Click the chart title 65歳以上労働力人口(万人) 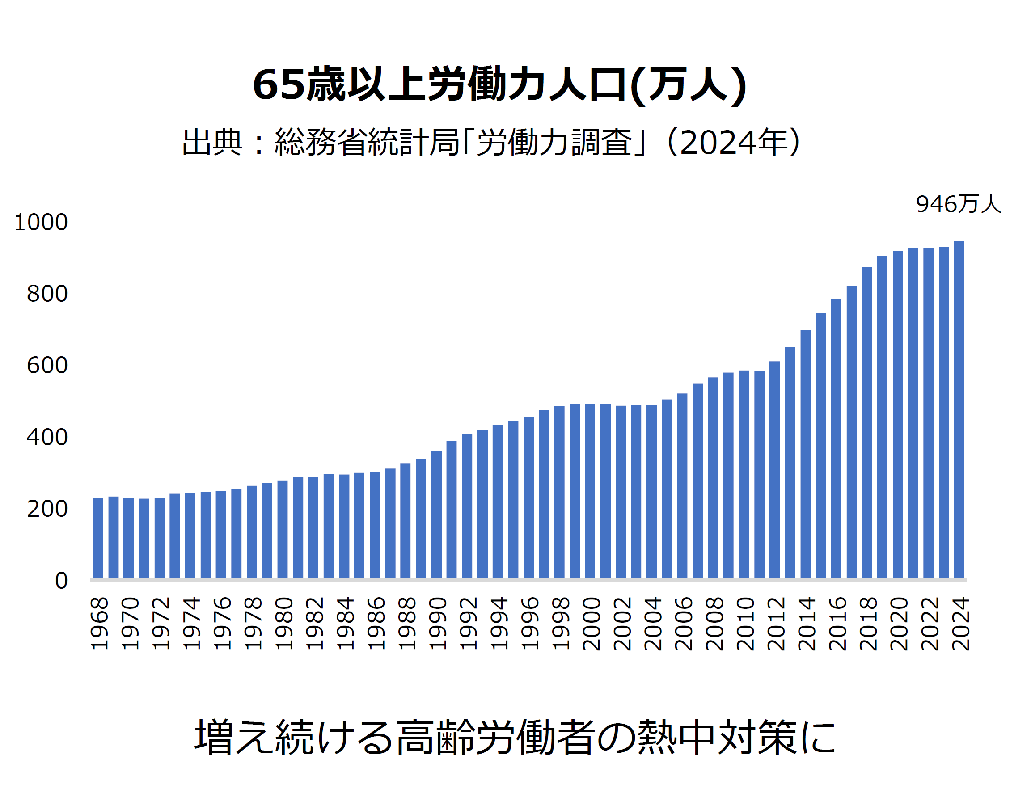[x=500, y=85]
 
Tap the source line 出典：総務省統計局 [x=491, y=142]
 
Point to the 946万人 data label [x=958, y=204]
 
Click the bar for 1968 [x=98, y=538]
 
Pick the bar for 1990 [x=436, y=515]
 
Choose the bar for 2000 [x=590, y=491]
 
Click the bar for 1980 [x=282, y=529]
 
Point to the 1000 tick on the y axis [x=42, y=222]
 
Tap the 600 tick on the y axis [x=47, y=366]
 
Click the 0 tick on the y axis [x=61, y=581]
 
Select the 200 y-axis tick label [x=47, y=509]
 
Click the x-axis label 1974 [x=191, y=624]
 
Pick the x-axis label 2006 [x=683, y=624]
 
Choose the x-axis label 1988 [x=406, y=624]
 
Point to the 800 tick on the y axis [x=47, y=294]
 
